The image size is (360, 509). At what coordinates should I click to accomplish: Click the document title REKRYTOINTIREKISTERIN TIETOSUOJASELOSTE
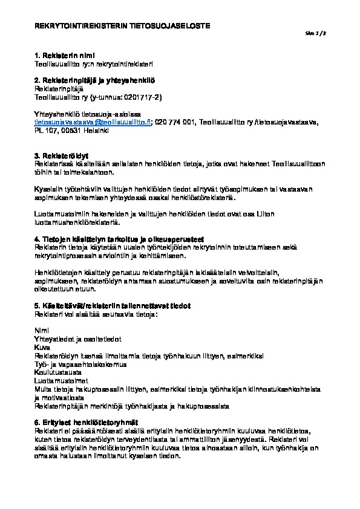coord(122,27)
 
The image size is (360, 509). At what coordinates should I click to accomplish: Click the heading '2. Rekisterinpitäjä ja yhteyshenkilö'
coord(95,80)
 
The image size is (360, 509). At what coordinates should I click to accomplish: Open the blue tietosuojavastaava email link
coord(93,122)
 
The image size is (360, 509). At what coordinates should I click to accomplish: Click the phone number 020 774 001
coord(175,122)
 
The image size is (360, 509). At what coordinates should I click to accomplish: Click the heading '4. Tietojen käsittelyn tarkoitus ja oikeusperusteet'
coord(119,238)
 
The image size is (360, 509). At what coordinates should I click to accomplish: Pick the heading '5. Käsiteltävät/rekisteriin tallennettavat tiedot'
coord(113,306)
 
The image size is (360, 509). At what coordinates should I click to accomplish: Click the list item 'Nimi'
coord(42,331)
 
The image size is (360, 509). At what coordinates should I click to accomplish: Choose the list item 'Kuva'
coord(42,348)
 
